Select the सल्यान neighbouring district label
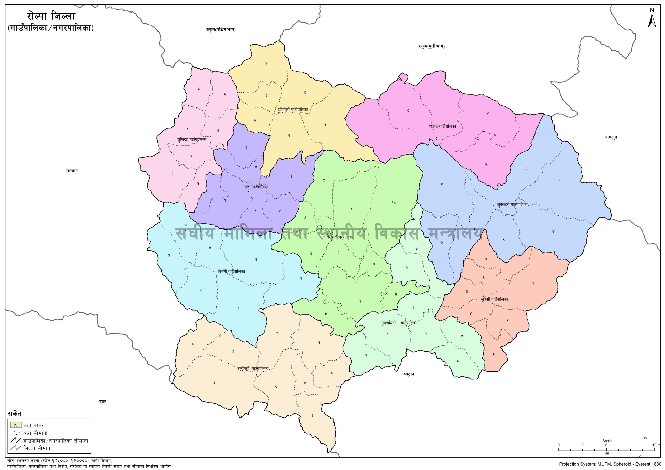[72, 171]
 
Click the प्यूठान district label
[409, 374]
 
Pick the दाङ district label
[103, 402]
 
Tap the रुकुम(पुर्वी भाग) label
[431, 46]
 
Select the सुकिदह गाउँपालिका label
[192, 140]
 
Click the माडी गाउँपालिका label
[256, 187]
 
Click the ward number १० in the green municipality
[394, 203]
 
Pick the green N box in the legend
[16, 425]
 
